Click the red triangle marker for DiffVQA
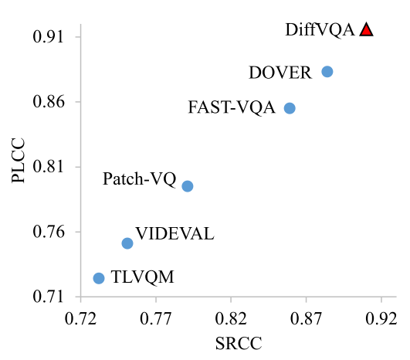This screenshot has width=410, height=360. [x=366, y=30]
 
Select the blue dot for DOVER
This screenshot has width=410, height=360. [x=327, y=72]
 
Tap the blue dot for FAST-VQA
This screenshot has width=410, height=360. [x=290, y=108]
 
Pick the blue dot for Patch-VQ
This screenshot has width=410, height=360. [x=187, y=186]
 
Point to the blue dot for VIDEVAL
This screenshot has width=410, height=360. [x=127, y=243]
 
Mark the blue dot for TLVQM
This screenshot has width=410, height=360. [x=99, y=278]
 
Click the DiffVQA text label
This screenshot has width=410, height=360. [x=320, y=30]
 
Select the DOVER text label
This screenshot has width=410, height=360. [x=280, y=73]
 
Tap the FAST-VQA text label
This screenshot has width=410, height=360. [x=232, y=108]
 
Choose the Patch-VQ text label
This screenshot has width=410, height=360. [x=139, y=179]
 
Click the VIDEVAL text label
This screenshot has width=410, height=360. [x=175, y=234]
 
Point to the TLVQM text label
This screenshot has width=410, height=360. [x=142, y=277]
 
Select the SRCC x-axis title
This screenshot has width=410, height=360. [x=239, y=342]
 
